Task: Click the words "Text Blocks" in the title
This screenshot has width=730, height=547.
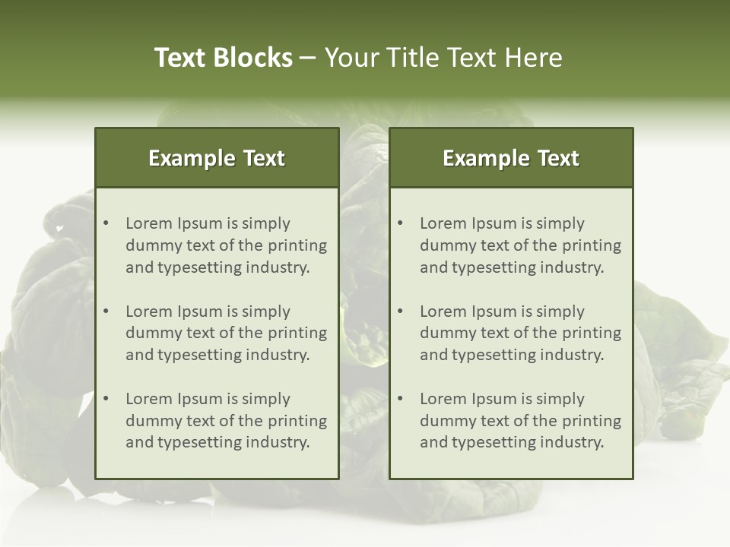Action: pos(224,58)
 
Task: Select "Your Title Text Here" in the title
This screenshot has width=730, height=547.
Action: pos(443,58)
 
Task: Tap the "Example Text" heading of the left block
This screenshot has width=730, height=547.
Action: pos(217,158)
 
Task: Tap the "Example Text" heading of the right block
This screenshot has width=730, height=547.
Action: pos(511,158)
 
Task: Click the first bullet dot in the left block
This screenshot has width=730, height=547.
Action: pos(106,223)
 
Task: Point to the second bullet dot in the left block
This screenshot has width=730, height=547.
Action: pos(106,311)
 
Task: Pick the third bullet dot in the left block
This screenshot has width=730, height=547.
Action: pos(106,399)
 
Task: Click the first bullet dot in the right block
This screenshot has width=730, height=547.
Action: pos(401,223)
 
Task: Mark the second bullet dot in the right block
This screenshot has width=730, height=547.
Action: pos(401,311)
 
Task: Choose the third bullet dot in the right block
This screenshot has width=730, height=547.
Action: pos(401,399)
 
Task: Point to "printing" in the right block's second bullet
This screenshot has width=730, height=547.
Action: pos(593,333)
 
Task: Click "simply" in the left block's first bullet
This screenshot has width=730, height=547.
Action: pos(265,223)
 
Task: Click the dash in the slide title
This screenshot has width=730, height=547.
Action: pos(308,58)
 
